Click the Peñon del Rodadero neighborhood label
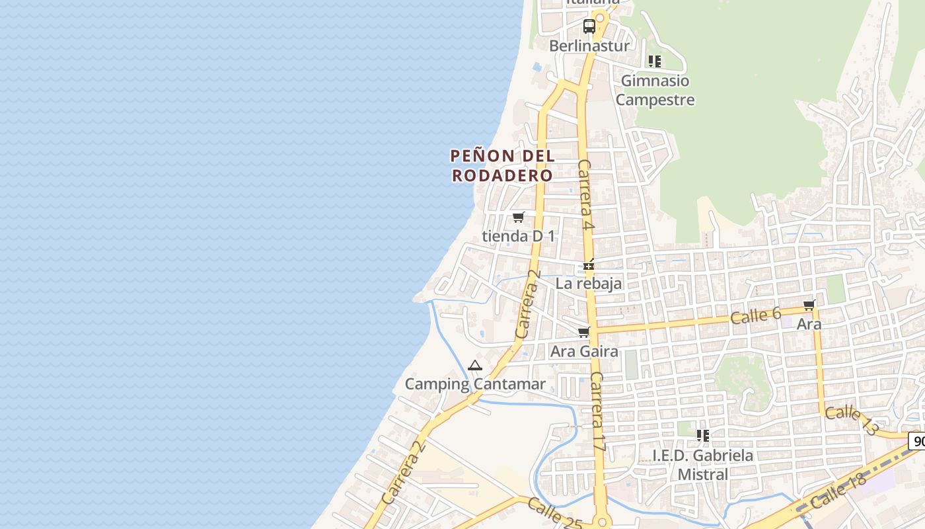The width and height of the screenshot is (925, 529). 502,165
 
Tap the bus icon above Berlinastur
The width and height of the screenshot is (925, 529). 589,27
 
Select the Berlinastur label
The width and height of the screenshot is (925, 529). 589,46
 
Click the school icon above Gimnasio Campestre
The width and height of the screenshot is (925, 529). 655,61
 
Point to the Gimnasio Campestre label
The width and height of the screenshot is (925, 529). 656,91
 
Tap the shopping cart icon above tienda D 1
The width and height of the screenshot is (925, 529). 519,218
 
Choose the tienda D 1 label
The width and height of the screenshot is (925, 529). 519,236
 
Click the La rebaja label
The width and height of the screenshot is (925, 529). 589,284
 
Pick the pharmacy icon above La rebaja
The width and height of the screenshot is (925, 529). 589,266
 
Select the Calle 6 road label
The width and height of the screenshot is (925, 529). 756,315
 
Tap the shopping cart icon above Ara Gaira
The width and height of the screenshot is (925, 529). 583,333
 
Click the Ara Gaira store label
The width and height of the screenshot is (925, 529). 584,351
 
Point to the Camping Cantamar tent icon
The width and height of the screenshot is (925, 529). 475,365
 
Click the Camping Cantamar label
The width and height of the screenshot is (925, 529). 475,384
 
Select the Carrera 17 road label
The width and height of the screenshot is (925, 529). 598,411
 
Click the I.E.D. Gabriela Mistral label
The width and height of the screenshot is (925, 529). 702,465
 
